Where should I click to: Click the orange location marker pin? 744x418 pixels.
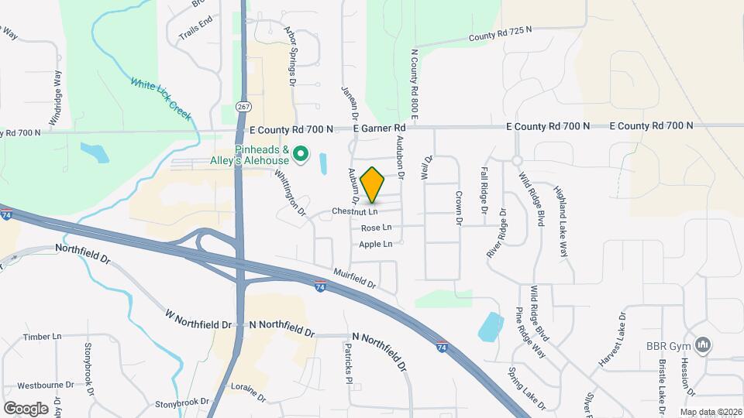click(373, 184)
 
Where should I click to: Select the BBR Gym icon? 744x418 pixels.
click(704, 345)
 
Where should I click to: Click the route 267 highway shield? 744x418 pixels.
click(244, 106)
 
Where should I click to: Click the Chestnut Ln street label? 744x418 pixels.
click(355, 211)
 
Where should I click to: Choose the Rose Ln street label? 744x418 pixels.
click(376, 228)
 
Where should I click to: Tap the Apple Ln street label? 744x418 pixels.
click(375, 244)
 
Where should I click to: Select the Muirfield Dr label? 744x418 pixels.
click(356, 277)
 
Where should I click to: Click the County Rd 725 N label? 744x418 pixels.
click(501, 33)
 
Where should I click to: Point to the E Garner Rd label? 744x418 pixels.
click(379, 128)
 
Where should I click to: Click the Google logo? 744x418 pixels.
click(26, 408)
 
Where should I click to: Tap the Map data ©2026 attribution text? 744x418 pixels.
click(711, 412)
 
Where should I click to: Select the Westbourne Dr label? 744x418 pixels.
click(45, 385)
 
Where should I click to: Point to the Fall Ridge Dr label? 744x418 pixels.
click(484, 190)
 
